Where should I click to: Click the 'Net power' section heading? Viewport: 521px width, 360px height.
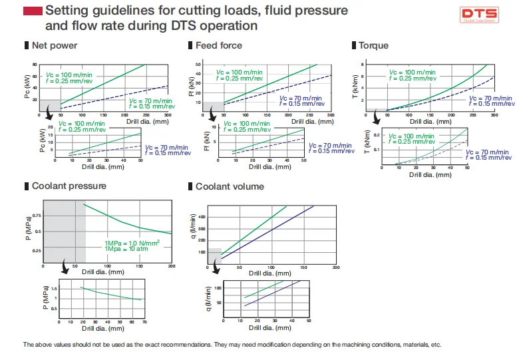point(55,46)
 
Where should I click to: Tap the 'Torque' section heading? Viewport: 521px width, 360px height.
point(373,46)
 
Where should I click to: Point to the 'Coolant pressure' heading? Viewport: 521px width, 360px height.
point(69,186)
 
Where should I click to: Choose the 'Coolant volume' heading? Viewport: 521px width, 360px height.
point(230,186)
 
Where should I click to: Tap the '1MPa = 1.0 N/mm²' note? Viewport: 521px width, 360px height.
point(132,243)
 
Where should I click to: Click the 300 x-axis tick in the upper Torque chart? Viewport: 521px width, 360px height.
point(494,115)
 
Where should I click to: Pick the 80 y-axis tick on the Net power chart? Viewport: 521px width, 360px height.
point(35,65)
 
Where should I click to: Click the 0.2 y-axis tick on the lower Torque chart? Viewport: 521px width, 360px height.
point(376,135)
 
